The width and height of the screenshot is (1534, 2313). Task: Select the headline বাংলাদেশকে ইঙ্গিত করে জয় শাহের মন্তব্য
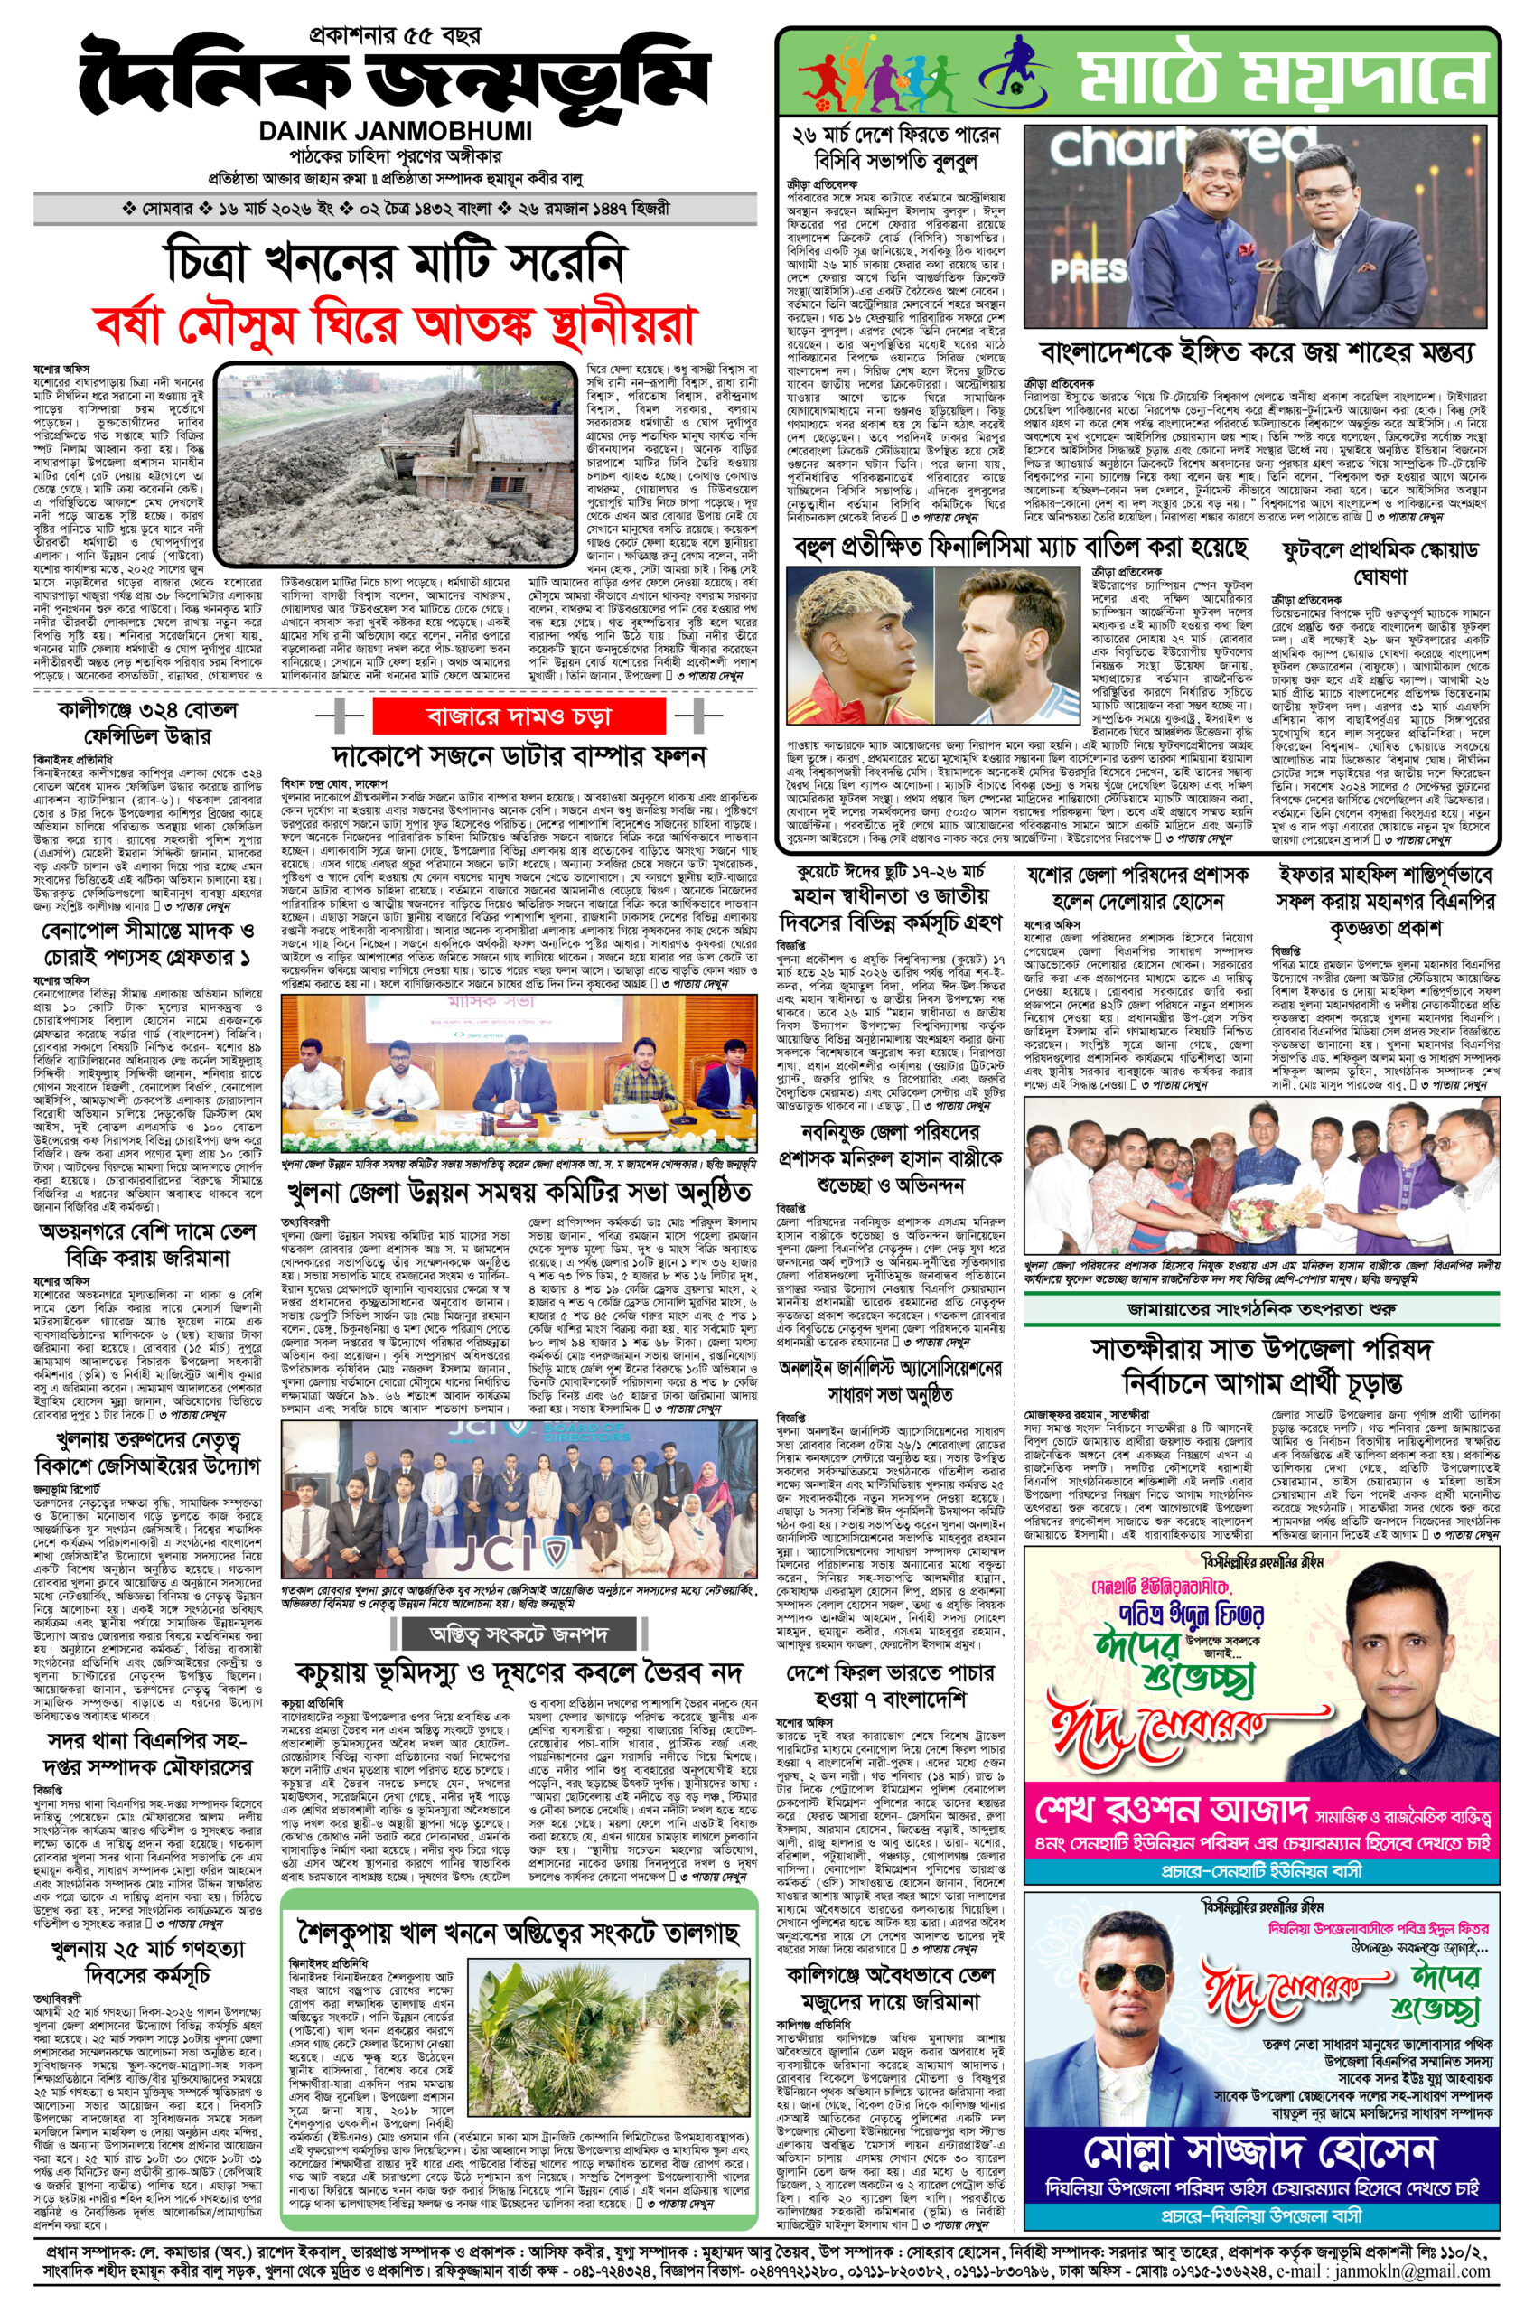1261,352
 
